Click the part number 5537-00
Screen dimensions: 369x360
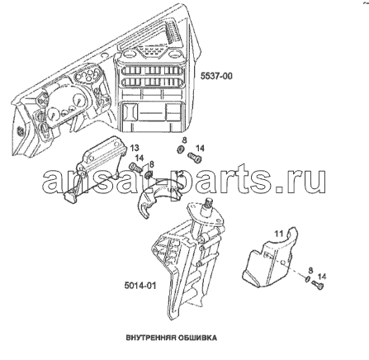216,76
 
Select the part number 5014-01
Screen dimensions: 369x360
140,286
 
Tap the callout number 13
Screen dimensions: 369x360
135,148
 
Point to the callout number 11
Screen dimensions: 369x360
278,234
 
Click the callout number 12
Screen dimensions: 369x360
179,174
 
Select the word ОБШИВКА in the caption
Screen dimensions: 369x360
196,338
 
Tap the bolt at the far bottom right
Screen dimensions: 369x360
318,286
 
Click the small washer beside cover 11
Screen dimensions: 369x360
307,279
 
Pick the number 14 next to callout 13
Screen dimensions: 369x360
140,158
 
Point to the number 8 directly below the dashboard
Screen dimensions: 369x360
184,140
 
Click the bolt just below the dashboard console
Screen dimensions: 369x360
195,158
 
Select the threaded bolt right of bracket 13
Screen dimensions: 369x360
135,167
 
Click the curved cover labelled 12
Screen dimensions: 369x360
158,197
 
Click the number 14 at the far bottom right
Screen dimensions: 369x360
322,276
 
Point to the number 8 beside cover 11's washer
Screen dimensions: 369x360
310,270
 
